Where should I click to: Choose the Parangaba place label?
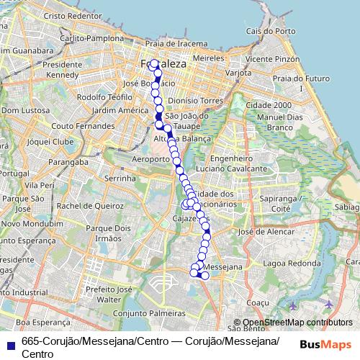click(58, 163)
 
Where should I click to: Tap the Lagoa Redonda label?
click(291, 264)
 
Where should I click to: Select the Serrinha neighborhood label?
click(120, 177)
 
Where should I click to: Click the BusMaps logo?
click(324, 343)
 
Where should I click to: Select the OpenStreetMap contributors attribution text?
click(296, 323)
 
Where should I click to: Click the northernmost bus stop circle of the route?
click(153, 63)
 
